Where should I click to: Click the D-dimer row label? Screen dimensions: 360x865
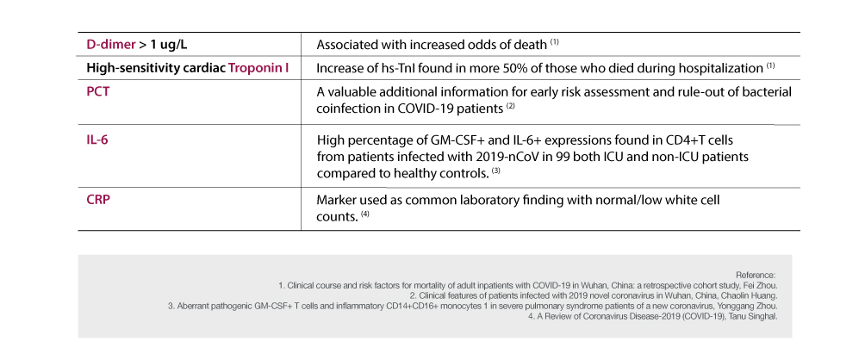pyautogui.click(x=110, y=43)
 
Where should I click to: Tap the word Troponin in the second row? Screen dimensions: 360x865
pyautogui.click(x=258, y=67)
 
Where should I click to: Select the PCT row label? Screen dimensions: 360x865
pyautogui.click(x=99, y=90)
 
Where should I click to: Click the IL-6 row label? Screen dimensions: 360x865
pyautogui.click(x=97, y=138)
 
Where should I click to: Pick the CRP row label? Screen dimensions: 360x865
pyautogui.click(x=99, y=199)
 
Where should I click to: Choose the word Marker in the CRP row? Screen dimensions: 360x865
pyautogui.click(x=337, y=200)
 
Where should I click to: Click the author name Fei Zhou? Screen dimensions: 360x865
pyautogui.click(x=760, y=283)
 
